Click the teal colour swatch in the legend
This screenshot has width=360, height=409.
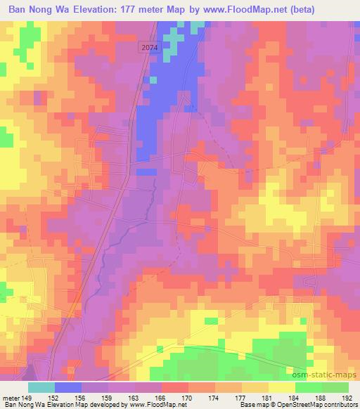[41, 387]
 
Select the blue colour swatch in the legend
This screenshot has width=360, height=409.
[68, 387]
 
